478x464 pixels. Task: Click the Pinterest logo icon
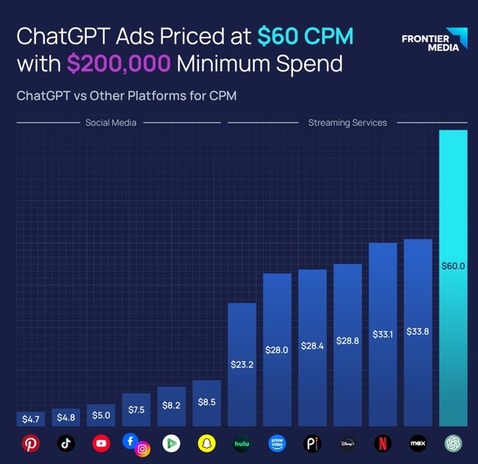(31, 443)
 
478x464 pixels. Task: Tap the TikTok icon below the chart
(66, 443)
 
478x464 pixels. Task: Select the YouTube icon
(101, 443)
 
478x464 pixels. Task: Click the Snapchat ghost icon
(207, 443)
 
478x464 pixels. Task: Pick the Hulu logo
(242, 443)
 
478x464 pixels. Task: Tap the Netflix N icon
(383, 443)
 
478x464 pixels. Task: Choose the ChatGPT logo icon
(453, 443)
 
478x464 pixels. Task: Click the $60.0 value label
(453, 265)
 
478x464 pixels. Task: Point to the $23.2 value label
(242, 364)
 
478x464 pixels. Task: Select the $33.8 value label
(418, 332)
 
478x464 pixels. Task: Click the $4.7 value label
(31, 419)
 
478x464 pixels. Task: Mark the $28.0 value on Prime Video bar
(278, 350)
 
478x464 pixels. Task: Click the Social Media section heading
(111, 123)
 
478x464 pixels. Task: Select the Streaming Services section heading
(347, 123)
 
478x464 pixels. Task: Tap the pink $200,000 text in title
(118, 64)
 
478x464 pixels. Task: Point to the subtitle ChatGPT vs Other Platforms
(126, 96)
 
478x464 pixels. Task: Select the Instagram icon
(143, 449)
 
